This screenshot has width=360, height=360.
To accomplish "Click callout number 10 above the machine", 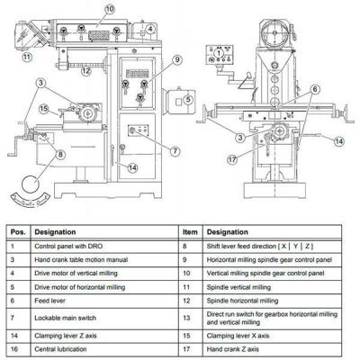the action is pos(110,9).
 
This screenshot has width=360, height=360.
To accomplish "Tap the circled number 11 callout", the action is pos(27,57).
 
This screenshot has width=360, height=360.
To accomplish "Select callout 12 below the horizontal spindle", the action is pos(85,71).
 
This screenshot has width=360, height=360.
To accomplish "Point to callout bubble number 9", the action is pos(177,59).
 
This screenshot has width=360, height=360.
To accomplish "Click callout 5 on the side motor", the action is pos(188,99).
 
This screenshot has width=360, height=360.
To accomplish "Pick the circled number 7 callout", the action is pos(175,151).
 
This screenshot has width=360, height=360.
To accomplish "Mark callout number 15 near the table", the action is pos(44,109).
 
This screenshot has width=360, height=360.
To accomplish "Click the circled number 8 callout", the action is pos(60,154).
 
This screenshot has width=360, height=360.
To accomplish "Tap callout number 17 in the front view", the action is pos(232,159).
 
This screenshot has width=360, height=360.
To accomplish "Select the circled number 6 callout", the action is pos(315,89).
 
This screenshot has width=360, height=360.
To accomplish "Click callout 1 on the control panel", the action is pos(219,53).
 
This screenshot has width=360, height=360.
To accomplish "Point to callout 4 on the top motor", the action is pos(150,29).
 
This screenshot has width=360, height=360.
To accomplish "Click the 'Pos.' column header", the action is pos(18,232).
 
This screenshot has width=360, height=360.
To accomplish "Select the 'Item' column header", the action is pos(190,232).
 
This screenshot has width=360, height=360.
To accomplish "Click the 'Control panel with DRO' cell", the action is pos(68,247).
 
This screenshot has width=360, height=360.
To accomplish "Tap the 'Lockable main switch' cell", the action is pos(66,318).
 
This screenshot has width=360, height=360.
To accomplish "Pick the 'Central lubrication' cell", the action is pos(60,349).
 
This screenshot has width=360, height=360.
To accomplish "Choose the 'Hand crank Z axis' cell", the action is pos(233,349).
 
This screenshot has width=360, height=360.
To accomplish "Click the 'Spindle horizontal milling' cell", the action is pos(242,301).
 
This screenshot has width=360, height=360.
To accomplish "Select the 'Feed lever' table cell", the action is pos(49,301).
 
